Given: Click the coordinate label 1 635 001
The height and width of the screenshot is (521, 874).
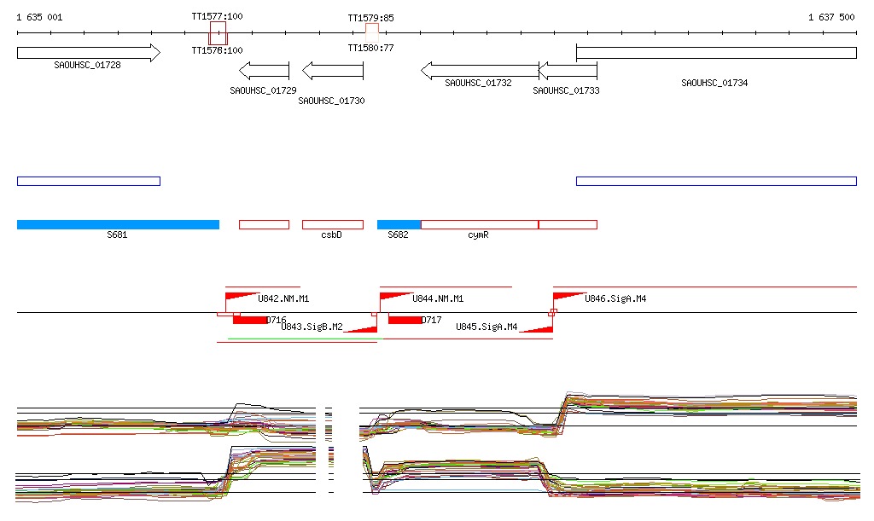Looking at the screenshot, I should click(39, 17).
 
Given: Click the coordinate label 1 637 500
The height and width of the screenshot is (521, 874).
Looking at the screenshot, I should click(831, 17).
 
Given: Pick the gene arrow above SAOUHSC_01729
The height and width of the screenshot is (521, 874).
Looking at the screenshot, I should click(265, 70).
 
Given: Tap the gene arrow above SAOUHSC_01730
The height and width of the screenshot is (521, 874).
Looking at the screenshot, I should click(333, 70).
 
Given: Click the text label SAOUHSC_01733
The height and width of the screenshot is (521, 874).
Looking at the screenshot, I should click(566, 90).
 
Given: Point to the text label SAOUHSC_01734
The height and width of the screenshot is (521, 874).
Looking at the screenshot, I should click(714, 83).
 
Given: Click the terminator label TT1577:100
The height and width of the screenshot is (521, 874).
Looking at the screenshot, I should click(217, 16).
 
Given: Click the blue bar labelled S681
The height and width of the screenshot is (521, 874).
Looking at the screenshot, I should click(118, 224).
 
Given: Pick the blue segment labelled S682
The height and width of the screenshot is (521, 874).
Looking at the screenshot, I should click(399, 224).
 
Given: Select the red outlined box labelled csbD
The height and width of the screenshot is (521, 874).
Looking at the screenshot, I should click(332, 224).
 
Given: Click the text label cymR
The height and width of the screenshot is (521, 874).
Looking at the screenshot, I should click(478, 234).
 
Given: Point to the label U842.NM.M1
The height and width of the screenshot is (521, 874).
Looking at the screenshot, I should click(283, 299).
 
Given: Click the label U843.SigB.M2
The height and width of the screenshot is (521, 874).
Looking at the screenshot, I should click(312, 327).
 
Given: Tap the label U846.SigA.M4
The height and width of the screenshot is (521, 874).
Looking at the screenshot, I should click(615, 299).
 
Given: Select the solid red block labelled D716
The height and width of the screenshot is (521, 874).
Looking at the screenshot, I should click(250, 320).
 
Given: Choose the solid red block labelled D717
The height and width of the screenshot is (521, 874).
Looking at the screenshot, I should click(405, 320).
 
